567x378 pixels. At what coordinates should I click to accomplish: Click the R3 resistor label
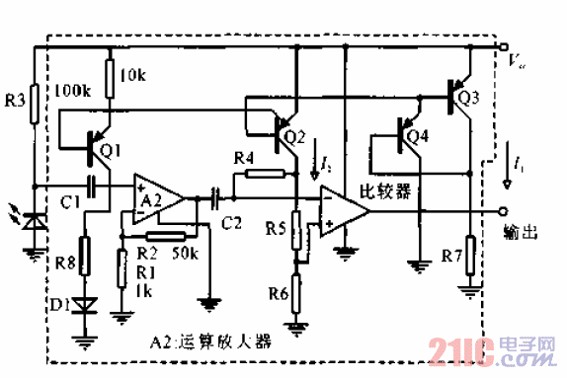[x=13, y=100]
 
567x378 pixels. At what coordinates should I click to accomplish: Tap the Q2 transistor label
[x=294, y=137]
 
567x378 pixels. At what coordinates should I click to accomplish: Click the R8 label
[x=63, y=263]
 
